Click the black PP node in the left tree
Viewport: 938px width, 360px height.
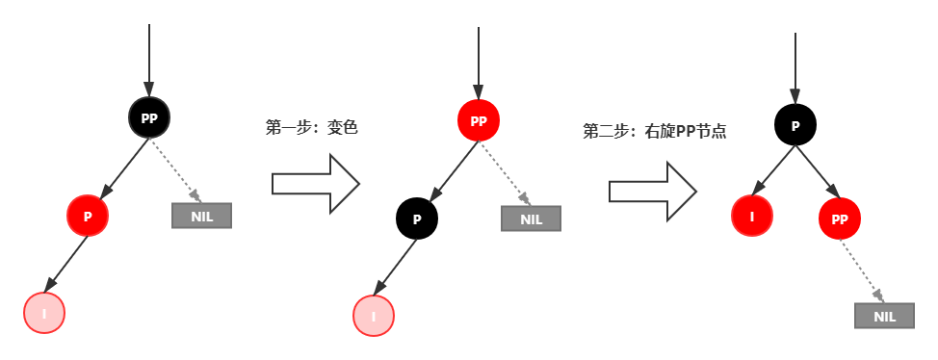pyautogui.click(x=149, y=117)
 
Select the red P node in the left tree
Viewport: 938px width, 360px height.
pyautogui.click(x=88, y=217)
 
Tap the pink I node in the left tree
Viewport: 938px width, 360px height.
pyautogui.click(x=43, y=313)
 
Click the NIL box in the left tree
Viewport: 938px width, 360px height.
pyautogui.click(x=201, y=216)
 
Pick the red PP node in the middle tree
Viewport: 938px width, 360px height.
pyautogui.click(x=479, y=120)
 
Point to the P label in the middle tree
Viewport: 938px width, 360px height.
pyautogui.click(x=417, y=219)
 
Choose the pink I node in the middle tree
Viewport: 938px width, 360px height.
pyautogui.click(x=373, y=316)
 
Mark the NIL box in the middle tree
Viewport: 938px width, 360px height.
pyautogui.click(x=531, y=219)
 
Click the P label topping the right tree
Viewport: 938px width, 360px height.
pyautogui.click(x=795, y=126)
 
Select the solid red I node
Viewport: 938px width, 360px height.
pyautogui.click(x=752, y=217)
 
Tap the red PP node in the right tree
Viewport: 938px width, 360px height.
pyautogui.click(x=839, y=219)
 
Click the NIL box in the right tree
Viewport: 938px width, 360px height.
pyautogui.click(x=884, y=316)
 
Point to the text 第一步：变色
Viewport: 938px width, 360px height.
pyautogui.click(x=311, y=127)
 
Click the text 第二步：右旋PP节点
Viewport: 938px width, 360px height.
pyautogui.click(x=654, y=131)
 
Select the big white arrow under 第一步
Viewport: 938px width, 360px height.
pyautogui.click(x=315, y=183)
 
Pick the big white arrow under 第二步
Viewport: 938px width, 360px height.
pyautogui.click(x=651, y=190)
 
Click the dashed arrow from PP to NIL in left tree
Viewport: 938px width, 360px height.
pyautogui.click(x=174, y=169)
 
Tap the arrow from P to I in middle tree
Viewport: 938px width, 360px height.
pyautogui.click(x=396, y=269)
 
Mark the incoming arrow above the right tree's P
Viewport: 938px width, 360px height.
pyautogui.click(x=795, y=67)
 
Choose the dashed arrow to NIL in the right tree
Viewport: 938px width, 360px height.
pyautogui.click(x=862, y=271)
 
